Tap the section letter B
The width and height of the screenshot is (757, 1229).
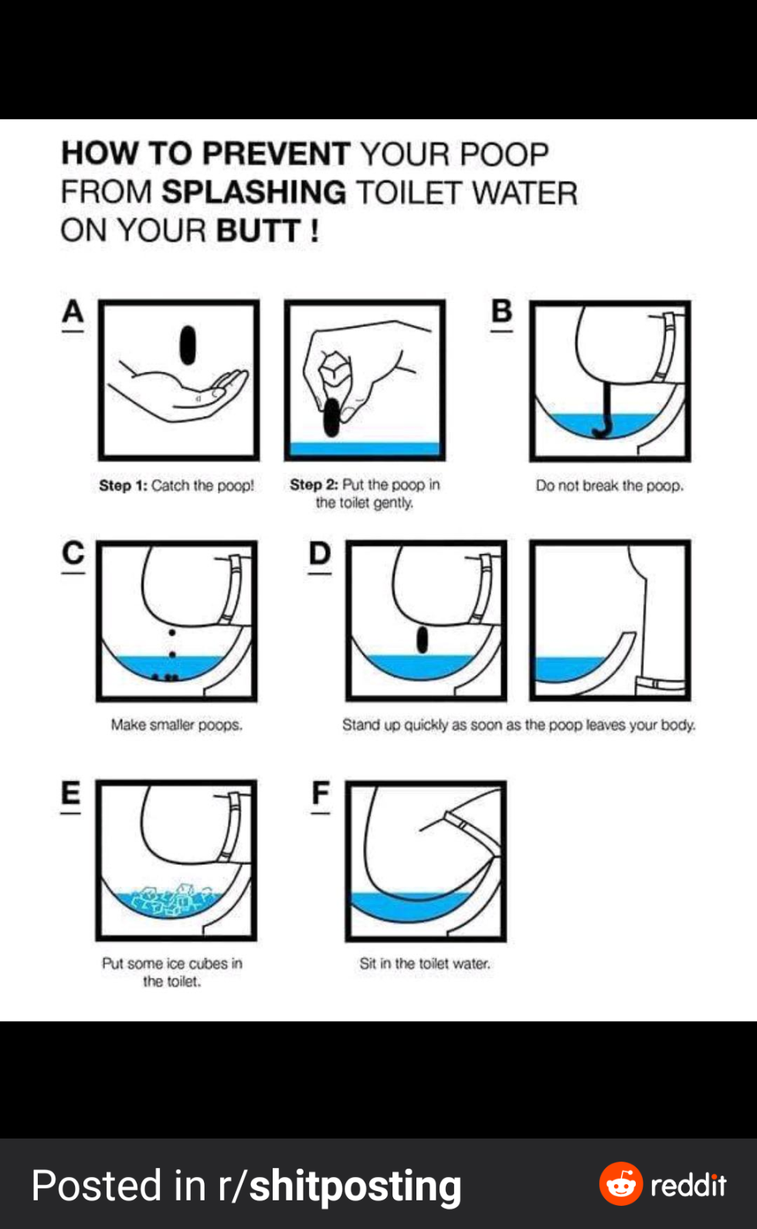(x=501, y=311)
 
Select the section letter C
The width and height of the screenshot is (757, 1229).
(x=73, y=553)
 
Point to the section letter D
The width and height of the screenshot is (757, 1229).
(x=320, y=553)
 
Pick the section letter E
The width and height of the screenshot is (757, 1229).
(x=71, y=793)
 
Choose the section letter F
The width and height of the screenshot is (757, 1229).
(x=321, y=793)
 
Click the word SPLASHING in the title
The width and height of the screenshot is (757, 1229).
(x=254, y=192)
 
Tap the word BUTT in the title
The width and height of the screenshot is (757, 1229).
(x=258, y=230)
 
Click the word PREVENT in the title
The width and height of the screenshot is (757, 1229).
(x=277, y=153)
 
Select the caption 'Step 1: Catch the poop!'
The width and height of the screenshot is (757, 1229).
(x=177, y=485)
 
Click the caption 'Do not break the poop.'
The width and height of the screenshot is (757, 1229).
(x=609, y=485)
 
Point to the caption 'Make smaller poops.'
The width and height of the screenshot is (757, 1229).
(x=177, y=725)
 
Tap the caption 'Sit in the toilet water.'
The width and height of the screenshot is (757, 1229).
(x=425, y=963)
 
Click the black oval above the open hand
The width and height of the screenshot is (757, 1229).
(x=188, y=345)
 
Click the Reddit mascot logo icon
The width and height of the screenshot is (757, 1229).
(x=620, y=1184)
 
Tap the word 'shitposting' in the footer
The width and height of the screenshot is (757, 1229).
(x=355, y=1186)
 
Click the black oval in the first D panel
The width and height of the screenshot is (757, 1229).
(x=422, y=640)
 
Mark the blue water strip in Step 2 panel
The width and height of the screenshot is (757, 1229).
(x=365, y=448)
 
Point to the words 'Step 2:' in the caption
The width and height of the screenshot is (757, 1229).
(x=314, y=485)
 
